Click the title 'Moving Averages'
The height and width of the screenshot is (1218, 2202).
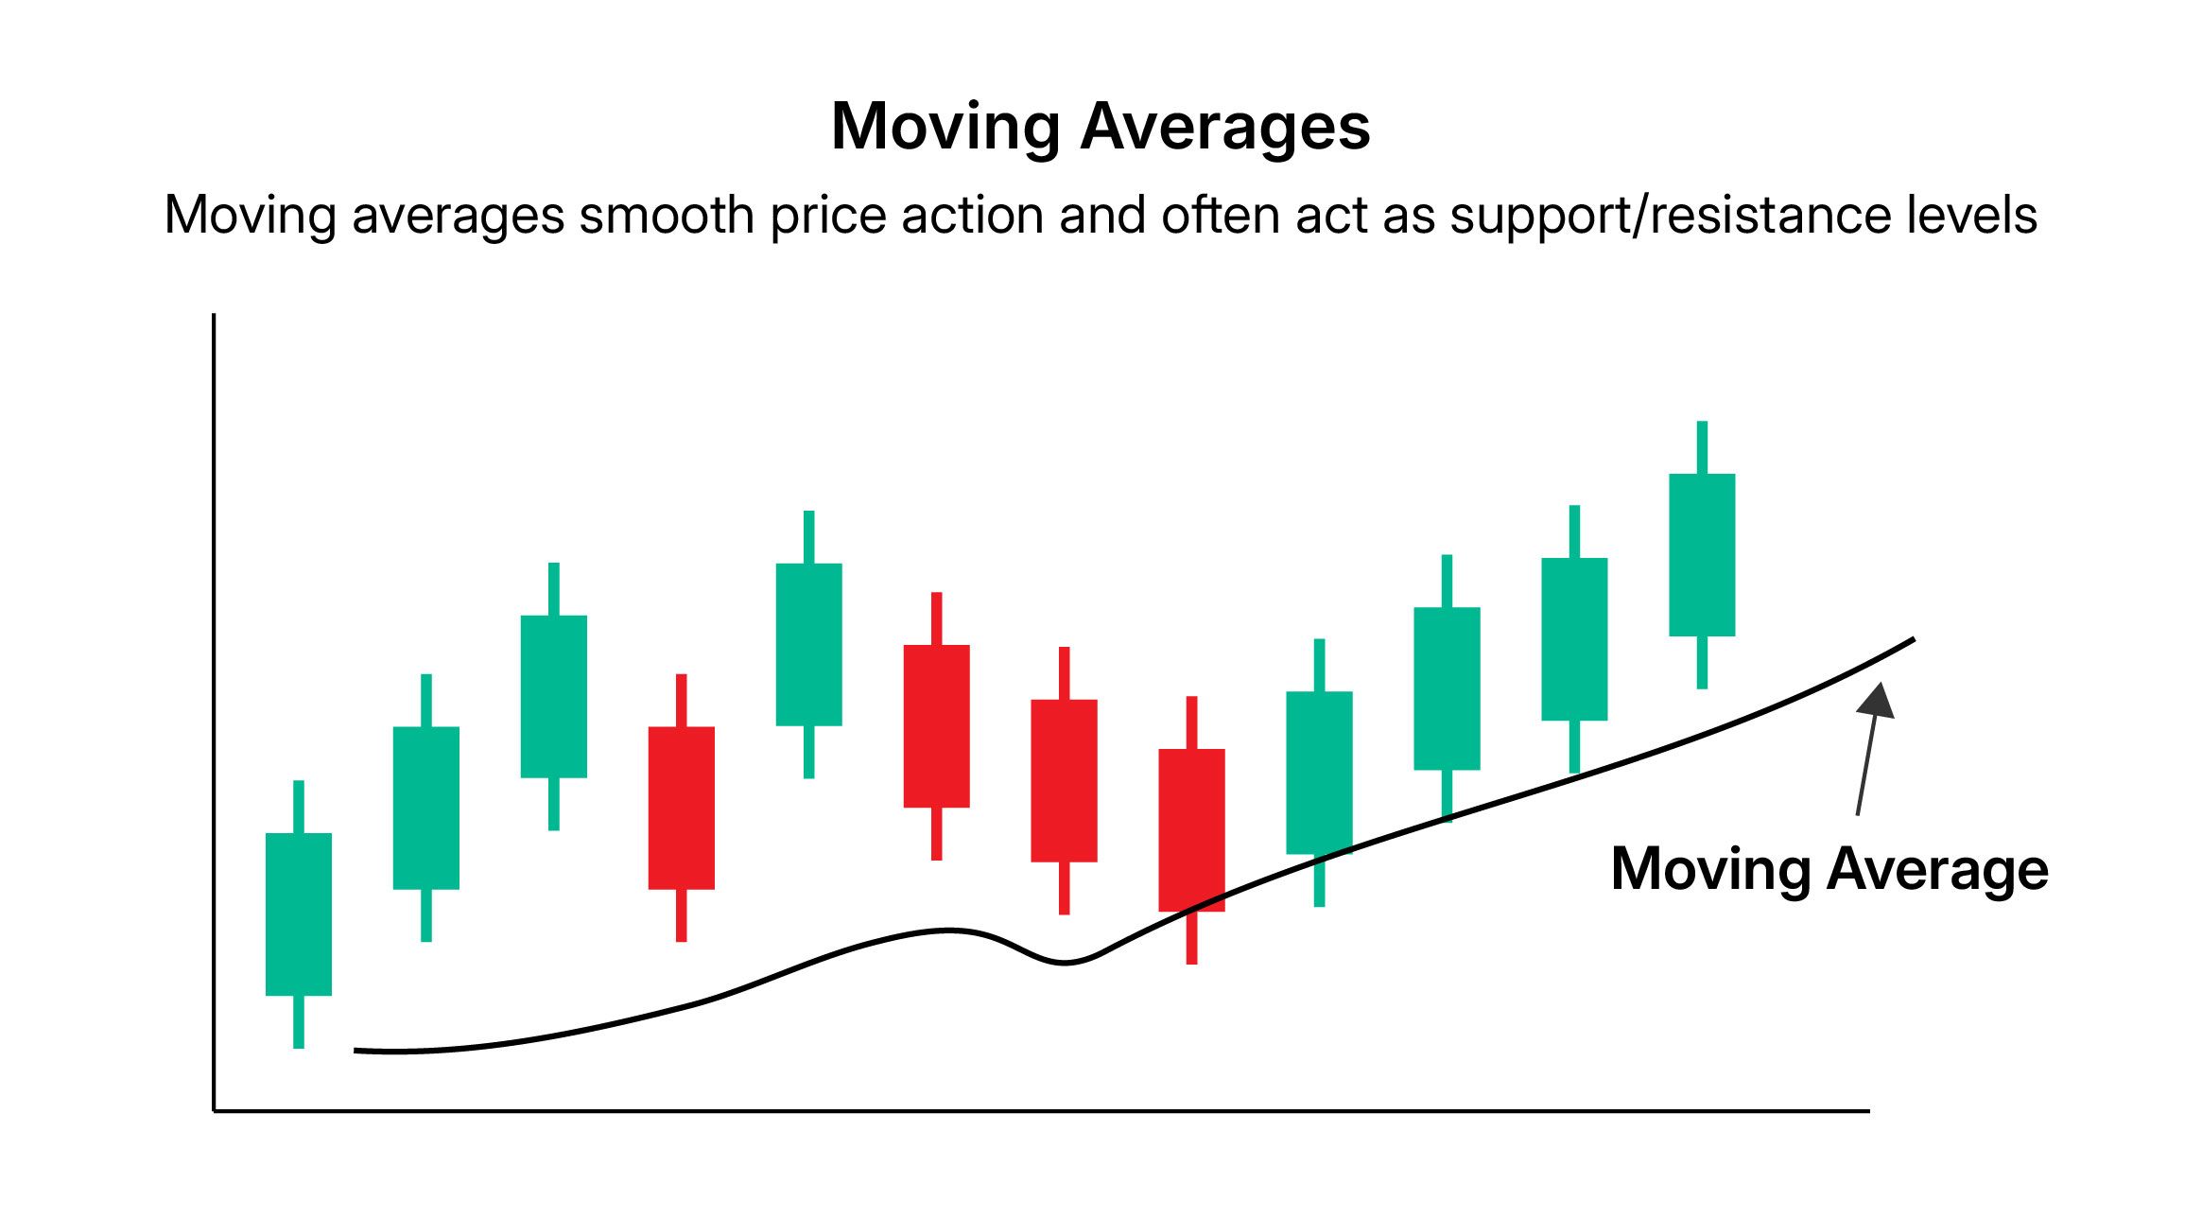pos(1100,127)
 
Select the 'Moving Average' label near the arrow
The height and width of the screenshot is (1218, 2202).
pos(1829,869)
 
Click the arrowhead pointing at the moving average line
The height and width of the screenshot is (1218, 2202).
pos(1878,701)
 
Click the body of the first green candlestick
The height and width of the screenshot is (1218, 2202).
pos(299,913)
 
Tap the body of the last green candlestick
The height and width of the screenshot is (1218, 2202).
pos(1702,555)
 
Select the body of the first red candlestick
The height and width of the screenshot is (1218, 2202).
pos(681,808)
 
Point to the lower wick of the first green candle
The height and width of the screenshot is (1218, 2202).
pos(299,1021)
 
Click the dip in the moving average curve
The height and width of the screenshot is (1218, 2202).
pos(1065,962)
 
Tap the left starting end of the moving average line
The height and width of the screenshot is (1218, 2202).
pos(357,1050)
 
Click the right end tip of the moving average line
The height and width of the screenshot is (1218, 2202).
pos(1912,640)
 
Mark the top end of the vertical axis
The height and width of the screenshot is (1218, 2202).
pos(215,317)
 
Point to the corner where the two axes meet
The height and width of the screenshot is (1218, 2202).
pos(215,1111)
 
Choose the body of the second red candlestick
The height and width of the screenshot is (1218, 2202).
pos(936,726)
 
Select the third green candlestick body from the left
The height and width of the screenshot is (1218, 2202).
pos(554,697)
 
